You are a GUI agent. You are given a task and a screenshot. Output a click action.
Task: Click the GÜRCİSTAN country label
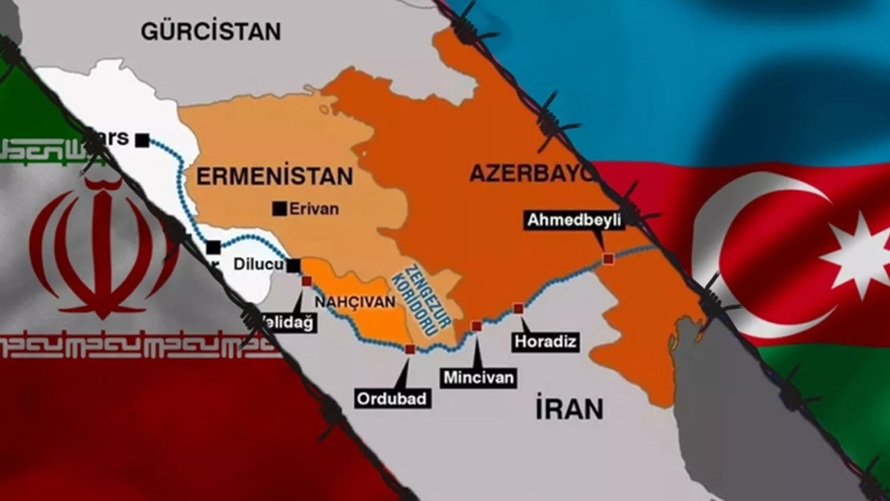[x=211, y=31]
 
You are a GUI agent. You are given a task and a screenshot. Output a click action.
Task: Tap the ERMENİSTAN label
[x=274, y=176]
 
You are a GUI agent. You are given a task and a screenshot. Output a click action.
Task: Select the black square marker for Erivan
[x=280, y=208]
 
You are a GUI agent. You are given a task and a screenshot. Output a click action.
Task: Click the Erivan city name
[x=314, y=208]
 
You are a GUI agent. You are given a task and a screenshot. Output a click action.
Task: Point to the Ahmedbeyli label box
[x=574, y=221]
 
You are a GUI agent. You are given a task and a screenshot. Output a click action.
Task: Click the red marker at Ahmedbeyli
[x=608, y=259]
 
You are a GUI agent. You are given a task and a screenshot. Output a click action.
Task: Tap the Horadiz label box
[x=546, y=342]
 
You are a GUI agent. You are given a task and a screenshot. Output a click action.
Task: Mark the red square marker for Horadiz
[x=518, y=308]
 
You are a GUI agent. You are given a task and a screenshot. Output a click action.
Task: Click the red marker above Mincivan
[x=476, y=326]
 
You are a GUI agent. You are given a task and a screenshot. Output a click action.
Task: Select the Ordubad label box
[x=393, y=399]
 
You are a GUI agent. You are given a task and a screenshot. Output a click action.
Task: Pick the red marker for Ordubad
[x=410, y=349]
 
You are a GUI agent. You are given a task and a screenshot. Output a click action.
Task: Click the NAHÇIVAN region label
[x=355, y=302]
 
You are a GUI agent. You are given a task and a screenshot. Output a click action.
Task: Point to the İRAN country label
[x=569, y=409]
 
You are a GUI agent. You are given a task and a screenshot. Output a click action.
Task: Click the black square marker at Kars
[x=142, y=140]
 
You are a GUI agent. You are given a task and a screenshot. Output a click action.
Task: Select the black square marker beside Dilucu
[x=293, y=265]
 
